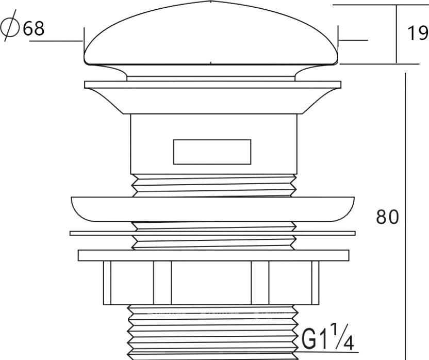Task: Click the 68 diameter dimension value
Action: [x=34, y=28]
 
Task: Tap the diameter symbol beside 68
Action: [x=10, y=26]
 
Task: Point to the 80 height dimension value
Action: [x=387, y=217]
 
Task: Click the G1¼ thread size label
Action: [x=328, y=337]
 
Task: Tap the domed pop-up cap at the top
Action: [x=211, y=34]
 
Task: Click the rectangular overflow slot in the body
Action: [x=212, y=152]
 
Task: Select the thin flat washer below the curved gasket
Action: [x=212, y=233]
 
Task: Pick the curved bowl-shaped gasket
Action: [x=212, y=209]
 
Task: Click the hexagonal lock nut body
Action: [x=211, y=283]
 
